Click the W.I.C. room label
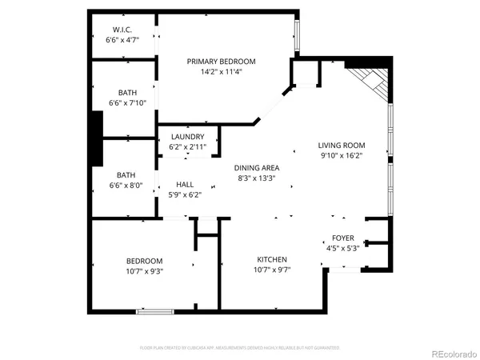coord(122,30)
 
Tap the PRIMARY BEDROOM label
coord(221,62)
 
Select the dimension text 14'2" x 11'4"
coord(221,72)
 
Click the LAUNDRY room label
coord(188,137)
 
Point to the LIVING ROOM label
coord(342,145)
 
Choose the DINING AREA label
coord(257,168)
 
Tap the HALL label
coord(185,184)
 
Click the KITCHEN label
coord(272,259)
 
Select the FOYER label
coord(342,239)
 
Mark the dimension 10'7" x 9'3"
coord(144,271)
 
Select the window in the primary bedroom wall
coord(297,35)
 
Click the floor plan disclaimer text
coord(240,348)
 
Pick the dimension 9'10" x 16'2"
coord(342,155)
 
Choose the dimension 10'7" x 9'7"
coord(272,270)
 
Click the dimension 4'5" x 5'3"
coord(342,249)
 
